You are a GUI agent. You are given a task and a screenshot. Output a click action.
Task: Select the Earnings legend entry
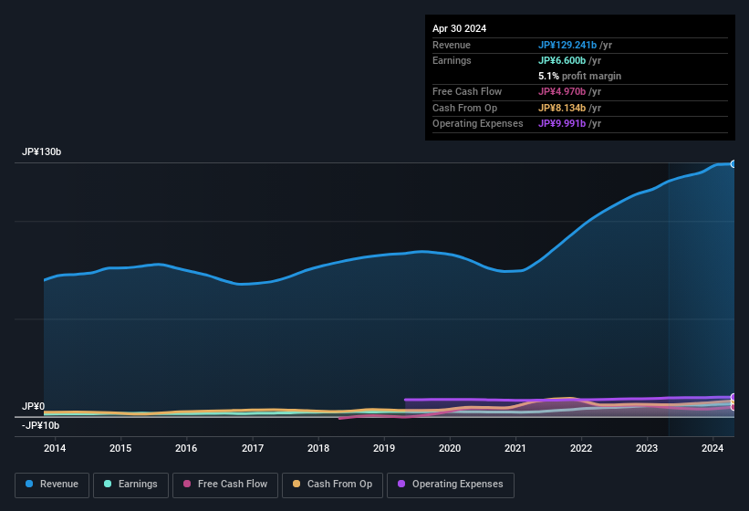click(131, 485)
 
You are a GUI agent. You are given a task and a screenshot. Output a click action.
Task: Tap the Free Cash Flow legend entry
click(226, 485)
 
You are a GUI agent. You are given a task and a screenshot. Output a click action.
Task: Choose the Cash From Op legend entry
click(332, 485)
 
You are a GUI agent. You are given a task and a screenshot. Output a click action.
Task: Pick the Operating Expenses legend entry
click(451, 485)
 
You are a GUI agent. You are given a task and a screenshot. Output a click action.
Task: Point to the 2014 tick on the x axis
click(55, 448)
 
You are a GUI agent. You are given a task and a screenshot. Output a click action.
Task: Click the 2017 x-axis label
click(253, 448)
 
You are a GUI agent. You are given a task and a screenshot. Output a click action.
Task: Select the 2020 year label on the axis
click(450, 448)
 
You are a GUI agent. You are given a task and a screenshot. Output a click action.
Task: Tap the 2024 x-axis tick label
click(713, 448)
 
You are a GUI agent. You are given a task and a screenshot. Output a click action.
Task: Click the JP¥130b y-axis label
click(42, 152)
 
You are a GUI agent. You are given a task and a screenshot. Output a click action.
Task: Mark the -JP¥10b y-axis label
click(41, 425)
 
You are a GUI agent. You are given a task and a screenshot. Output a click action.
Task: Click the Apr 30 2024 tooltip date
click(460, 28)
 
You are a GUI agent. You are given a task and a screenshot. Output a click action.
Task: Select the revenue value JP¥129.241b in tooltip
click(567, 45)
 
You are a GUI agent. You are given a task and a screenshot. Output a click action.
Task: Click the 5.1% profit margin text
click(579, 76)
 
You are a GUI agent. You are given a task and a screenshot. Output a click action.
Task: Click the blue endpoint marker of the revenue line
click(733, 163)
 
